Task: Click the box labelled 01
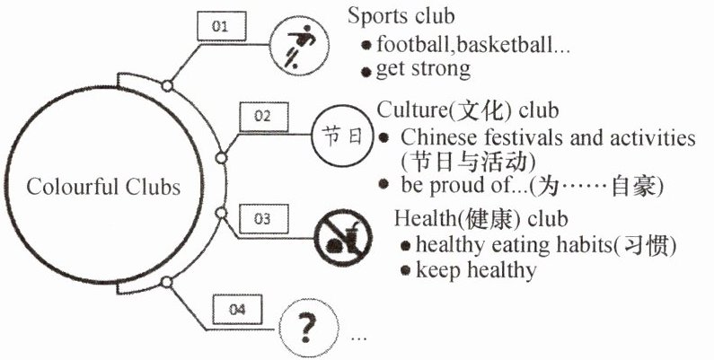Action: tap(219, 27)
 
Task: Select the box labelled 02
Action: tap(262, 116)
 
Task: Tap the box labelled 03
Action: tap(262, 218)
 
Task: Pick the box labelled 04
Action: tap(237, 310)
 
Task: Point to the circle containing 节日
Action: tap(341, 138)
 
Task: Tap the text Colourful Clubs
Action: tap(103, 188)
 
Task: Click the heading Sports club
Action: tap(401, 16)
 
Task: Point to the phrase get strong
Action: tap(423, 68)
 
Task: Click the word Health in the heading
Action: tap(423, 219)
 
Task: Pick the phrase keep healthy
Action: tap(476, 269)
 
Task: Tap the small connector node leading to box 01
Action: tap(166, 85)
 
